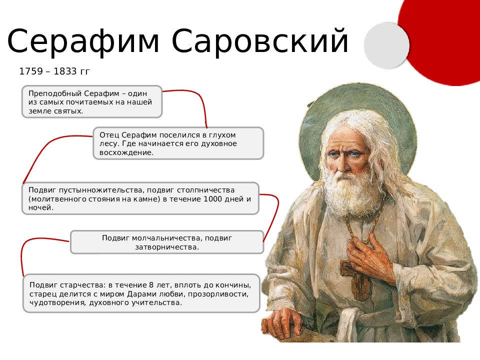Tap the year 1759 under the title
(31, 71)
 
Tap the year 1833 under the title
(65, 71)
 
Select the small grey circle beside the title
(386, 45)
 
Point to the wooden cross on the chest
(355, 277)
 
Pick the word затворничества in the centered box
(167, 247)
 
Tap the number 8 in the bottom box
(151, 285)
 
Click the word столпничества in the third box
(205, 190)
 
